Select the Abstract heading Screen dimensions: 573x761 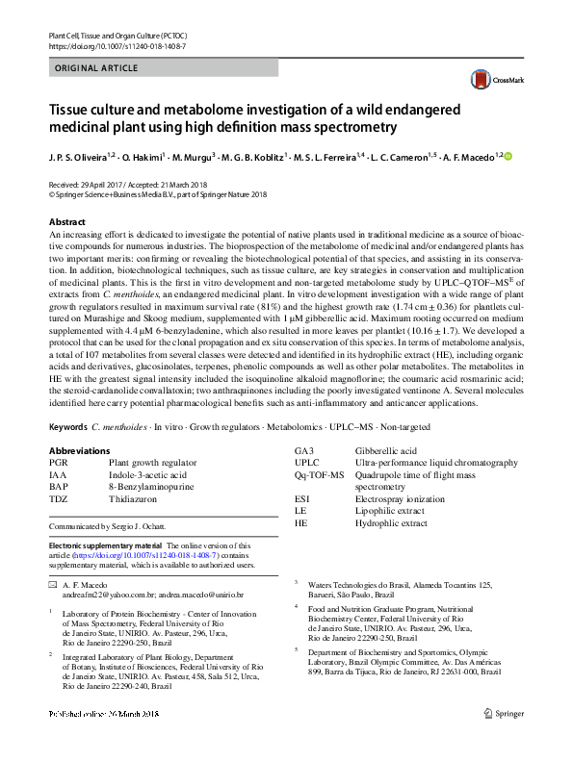pos(66,222)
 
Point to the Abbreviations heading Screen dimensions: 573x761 pos(83,450)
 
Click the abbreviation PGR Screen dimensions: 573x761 pos(58,463)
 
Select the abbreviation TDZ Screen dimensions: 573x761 pos(59,499)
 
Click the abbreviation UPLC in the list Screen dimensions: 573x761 pos(306,463)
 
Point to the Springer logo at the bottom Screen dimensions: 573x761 pos(507,739)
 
